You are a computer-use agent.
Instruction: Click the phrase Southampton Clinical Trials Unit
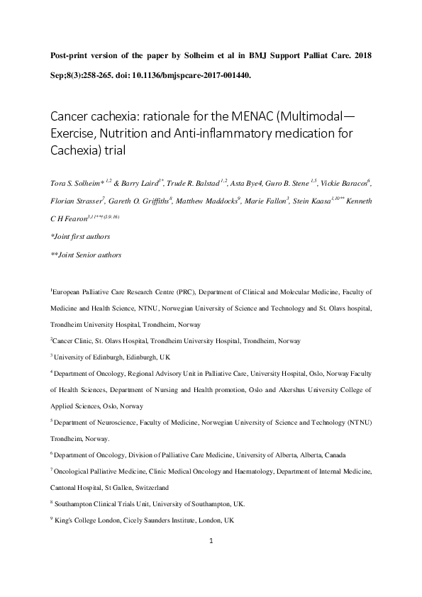(x=109, y=504)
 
